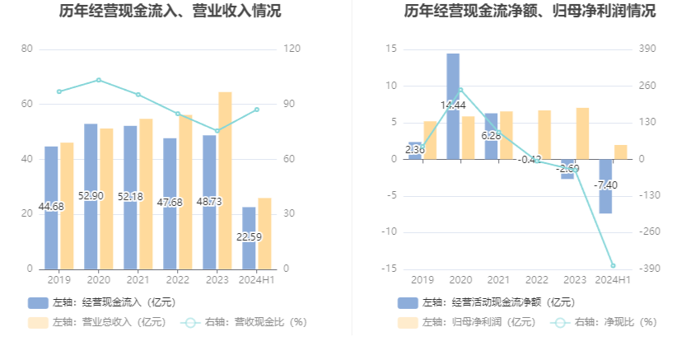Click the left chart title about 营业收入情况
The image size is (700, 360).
point(170,12)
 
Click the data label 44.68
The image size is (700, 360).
point(51,206)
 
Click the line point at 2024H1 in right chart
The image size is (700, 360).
point(613,265)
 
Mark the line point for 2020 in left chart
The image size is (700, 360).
point(99,80)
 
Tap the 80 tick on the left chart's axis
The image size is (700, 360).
point(26,49)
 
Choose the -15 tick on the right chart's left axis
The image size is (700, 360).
point(390,269)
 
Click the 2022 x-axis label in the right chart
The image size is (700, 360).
point(537,281)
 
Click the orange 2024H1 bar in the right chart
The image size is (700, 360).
point(621,152)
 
